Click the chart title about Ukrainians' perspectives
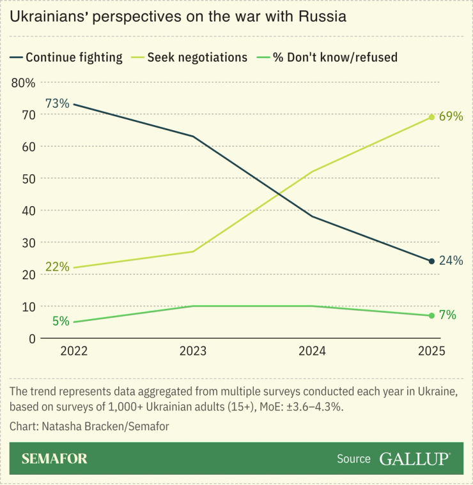[178, 17]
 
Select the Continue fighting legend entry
[66, 57]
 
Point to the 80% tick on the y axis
[23, 82]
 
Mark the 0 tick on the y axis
[30, 338]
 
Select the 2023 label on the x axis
[193, 352]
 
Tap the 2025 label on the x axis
[431, 352]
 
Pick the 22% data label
[57, 267]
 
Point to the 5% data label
[61, 322]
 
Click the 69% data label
[451, 117]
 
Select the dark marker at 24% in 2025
[431, 261]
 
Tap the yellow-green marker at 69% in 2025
[431, 117]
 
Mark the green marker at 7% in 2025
[431, 315]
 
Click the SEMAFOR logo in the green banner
[54, 459]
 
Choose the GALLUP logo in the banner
[415, 459]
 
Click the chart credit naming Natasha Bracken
[89, 426]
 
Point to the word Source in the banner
[353, 459]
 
